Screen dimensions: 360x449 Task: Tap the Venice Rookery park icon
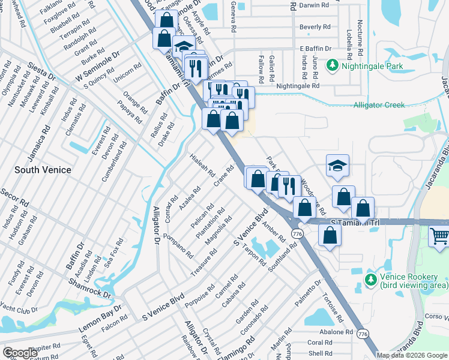370,279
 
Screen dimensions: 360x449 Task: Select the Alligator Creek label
379,104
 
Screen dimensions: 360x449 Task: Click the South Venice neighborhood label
43,170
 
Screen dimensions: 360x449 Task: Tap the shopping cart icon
439,236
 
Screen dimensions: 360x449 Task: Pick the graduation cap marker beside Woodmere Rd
338,166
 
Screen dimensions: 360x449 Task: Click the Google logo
20,353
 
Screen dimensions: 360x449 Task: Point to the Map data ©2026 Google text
412,355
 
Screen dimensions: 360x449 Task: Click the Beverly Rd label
315,27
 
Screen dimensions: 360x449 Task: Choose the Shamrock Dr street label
89,287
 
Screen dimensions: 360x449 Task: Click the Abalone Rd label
336,331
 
